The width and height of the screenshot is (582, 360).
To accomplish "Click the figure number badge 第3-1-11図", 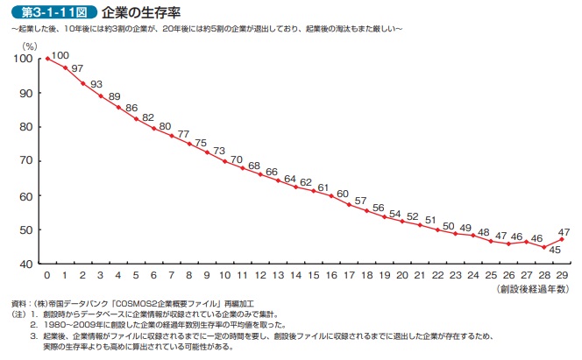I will (47, 13).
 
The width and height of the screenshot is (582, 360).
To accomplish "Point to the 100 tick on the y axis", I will (25, 59).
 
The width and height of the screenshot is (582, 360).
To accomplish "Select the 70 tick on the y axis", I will (27, 161).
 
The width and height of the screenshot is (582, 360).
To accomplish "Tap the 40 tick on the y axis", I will (27, 264).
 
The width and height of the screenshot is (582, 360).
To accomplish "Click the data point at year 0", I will (46, 59).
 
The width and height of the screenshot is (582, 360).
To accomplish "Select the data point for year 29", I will (561, 239).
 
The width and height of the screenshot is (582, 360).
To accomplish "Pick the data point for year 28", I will (543, 247).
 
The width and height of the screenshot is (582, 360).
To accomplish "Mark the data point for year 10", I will (224, 161).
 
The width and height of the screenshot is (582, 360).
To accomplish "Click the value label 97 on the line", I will (77, 68).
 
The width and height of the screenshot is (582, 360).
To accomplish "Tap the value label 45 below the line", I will (554, 257).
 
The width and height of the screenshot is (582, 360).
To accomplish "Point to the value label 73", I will (219, 149).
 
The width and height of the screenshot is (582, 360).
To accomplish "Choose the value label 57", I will (360, 200).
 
